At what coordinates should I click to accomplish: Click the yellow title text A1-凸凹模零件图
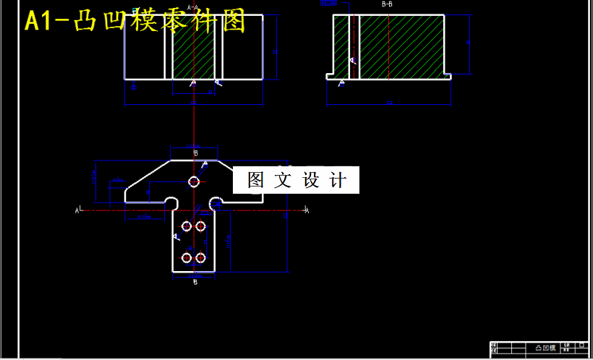135,22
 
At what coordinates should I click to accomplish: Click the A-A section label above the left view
192,7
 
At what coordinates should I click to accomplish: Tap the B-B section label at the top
388,4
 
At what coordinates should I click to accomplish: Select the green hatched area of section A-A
194,46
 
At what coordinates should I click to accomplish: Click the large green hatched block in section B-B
401,45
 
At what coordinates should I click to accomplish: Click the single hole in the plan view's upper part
194,181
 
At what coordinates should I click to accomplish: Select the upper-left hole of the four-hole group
186,226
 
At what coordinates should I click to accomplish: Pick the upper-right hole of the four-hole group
200,226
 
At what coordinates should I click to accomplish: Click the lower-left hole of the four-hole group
186,257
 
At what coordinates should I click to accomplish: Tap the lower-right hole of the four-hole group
200,257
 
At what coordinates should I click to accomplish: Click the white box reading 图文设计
296,180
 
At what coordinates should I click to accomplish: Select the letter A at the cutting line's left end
77,210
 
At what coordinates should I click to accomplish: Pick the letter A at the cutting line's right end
307,210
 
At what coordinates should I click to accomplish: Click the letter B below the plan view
195,283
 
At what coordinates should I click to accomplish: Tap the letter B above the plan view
195,153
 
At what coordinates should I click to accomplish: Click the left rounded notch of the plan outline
172,202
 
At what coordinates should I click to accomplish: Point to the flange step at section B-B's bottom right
448,74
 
